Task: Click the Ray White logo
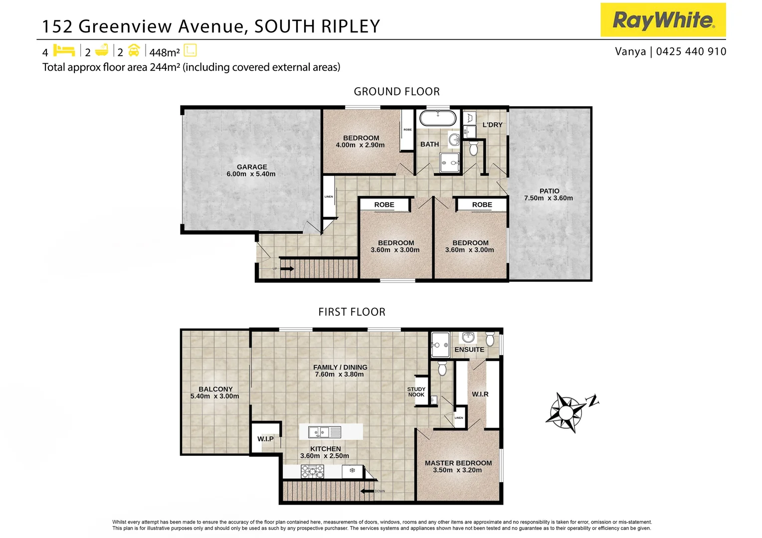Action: [x=663, y=20]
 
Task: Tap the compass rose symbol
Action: [x=568, y=412]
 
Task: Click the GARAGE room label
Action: [x=252, y=167]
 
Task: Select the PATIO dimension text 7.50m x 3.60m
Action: [x=548, y=198]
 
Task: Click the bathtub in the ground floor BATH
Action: [x=437, y=118]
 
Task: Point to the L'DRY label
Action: [x=492, y=125]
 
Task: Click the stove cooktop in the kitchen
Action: [x=312, y=471]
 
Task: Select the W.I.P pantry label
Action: [x=265, y=439]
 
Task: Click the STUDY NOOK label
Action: [x=416, y=392]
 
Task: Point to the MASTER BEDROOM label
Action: [x=458, y=463]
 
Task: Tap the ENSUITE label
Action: [x=469, y=350]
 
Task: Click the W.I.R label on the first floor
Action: [x=480, y=394]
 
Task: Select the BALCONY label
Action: [x=215, y=389]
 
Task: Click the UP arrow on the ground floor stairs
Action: [x=287, y=269]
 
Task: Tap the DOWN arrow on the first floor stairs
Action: [x=368, y=492]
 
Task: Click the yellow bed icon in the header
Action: [x=63, y=50]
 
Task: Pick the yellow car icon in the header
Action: [x=134, y=50]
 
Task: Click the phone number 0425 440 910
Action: [x=691, y=51]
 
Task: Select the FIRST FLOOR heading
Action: [x=352, y=312]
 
